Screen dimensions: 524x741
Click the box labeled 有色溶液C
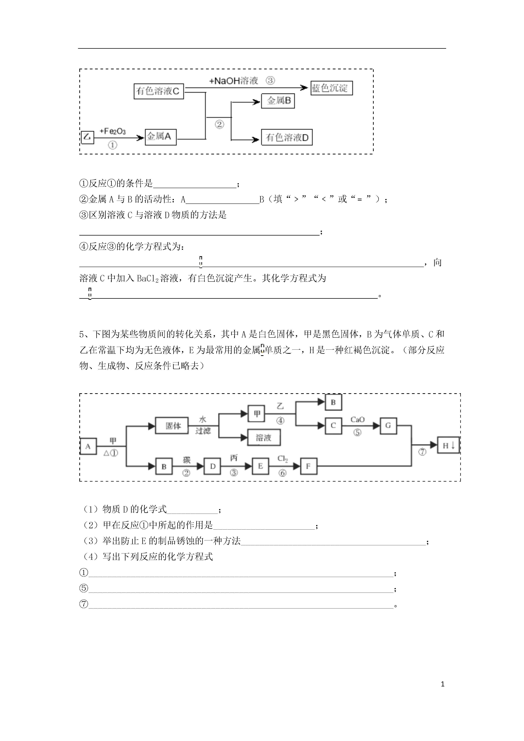pyautogui.click(x=159, y=91)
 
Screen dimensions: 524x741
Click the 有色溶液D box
pyautogui.click(x=287, y=137)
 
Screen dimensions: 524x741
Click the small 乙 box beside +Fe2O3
pyautogui.click(x=87, y=137)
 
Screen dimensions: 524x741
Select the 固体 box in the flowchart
pyautogui.click(x=172, y=426)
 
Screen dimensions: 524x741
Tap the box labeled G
pyautogui.click(x=388, y=426)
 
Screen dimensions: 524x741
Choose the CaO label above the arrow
pyautogui.click(x=357, y=419)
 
